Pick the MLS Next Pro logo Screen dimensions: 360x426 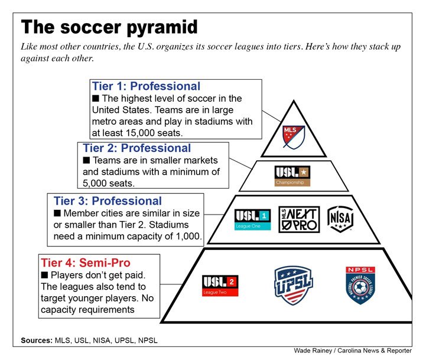pos(299,219)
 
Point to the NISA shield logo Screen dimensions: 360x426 pos(341,219)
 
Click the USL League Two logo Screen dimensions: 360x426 pos(220,286)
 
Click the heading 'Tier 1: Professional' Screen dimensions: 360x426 pos(146,86)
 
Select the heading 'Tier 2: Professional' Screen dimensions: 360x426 pos(137,148)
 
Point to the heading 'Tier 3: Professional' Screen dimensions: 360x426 pos(108,201)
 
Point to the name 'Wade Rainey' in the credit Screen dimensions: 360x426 pos(313,351)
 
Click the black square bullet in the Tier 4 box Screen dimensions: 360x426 pos(45,275)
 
